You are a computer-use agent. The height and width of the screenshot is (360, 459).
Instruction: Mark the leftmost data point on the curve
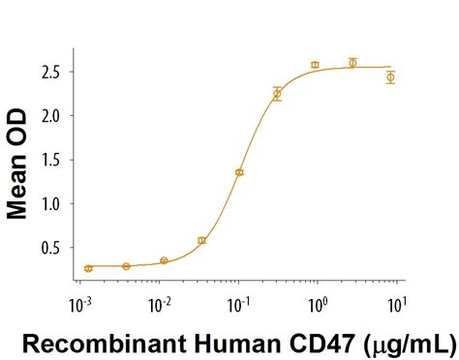pos(88,268)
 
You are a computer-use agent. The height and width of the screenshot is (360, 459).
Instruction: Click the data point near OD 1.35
pos(239,172)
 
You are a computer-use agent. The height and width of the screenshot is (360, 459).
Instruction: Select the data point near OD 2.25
pos(277,94)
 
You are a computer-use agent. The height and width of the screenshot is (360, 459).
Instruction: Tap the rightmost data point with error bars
pos(390,76)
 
